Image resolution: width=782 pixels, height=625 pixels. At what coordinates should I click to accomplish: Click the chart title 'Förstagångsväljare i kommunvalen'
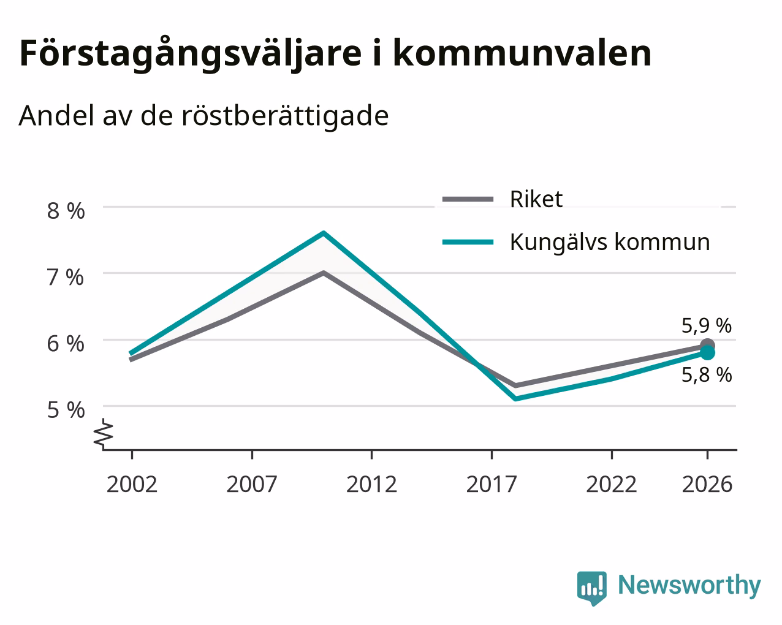pos(335,55)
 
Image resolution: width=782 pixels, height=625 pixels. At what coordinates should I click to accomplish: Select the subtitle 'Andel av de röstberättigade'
pos(203,116)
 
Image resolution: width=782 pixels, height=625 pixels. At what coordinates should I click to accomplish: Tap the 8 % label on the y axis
pos(66,211)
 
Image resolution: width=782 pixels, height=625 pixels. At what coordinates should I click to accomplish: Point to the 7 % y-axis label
pos(66,278)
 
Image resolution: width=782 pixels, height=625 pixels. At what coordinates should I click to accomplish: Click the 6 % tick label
pos(66,344)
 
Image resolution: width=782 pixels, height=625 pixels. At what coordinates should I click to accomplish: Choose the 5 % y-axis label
pos(66,411)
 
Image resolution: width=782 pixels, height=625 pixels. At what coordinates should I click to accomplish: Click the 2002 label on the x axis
pos(132,485)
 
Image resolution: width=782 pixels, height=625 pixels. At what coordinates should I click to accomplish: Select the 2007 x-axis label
pos(252,485)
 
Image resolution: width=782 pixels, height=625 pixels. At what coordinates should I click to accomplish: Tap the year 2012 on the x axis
pos(371,485)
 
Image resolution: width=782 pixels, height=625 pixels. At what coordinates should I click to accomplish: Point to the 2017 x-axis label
pos(492,485)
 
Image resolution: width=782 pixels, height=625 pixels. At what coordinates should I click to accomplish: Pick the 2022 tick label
pos(612,485)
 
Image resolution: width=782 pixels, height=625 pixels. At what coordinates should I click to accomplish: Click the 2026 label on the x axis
pos(707,485)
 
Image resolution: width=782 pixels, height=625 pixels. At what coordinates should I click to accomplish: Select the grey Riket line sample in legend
pos(468,199)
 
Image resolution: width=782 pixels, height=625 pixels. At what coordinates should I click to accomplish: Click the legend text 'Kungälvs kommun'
pos(610,243)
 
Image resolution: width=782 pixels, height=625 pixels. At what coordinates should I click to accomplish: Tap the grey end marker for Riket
pos(707,345)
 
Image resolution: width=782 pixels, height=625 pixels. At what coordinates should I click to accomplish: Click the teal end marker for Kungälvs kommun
pos(707,352)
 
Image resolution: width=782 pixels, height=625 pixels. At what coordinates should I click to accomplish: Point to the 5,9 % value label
pos(707,325)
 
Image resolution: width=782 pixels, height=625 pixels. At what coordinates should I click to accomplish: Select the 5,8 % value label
pos(707,375)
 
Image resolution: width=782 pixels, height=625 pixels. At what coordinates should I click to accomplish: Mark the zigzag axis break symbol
pos(103,434)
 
